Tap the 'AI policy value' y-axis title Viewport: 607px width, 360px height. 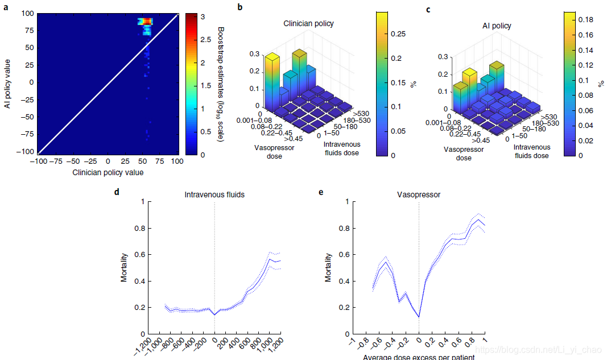tap(9, 82)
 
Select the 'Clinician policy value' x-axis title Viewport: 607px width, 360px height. tap(108, 172)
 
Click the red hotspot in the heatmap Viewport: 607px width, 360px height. tap(147, 22)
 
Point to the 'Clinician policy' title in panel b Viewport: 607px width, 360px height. tap(309, 24)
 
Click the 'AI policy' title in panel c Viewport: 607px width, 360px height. tap(497, 26)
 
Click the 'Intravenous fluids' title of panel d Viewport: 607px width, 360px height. tap(214, 195)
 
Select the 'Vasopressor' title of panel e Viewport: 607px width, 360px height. tap(419, 195)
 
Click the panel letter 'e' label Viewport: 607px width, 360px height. tap(321, 192)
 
